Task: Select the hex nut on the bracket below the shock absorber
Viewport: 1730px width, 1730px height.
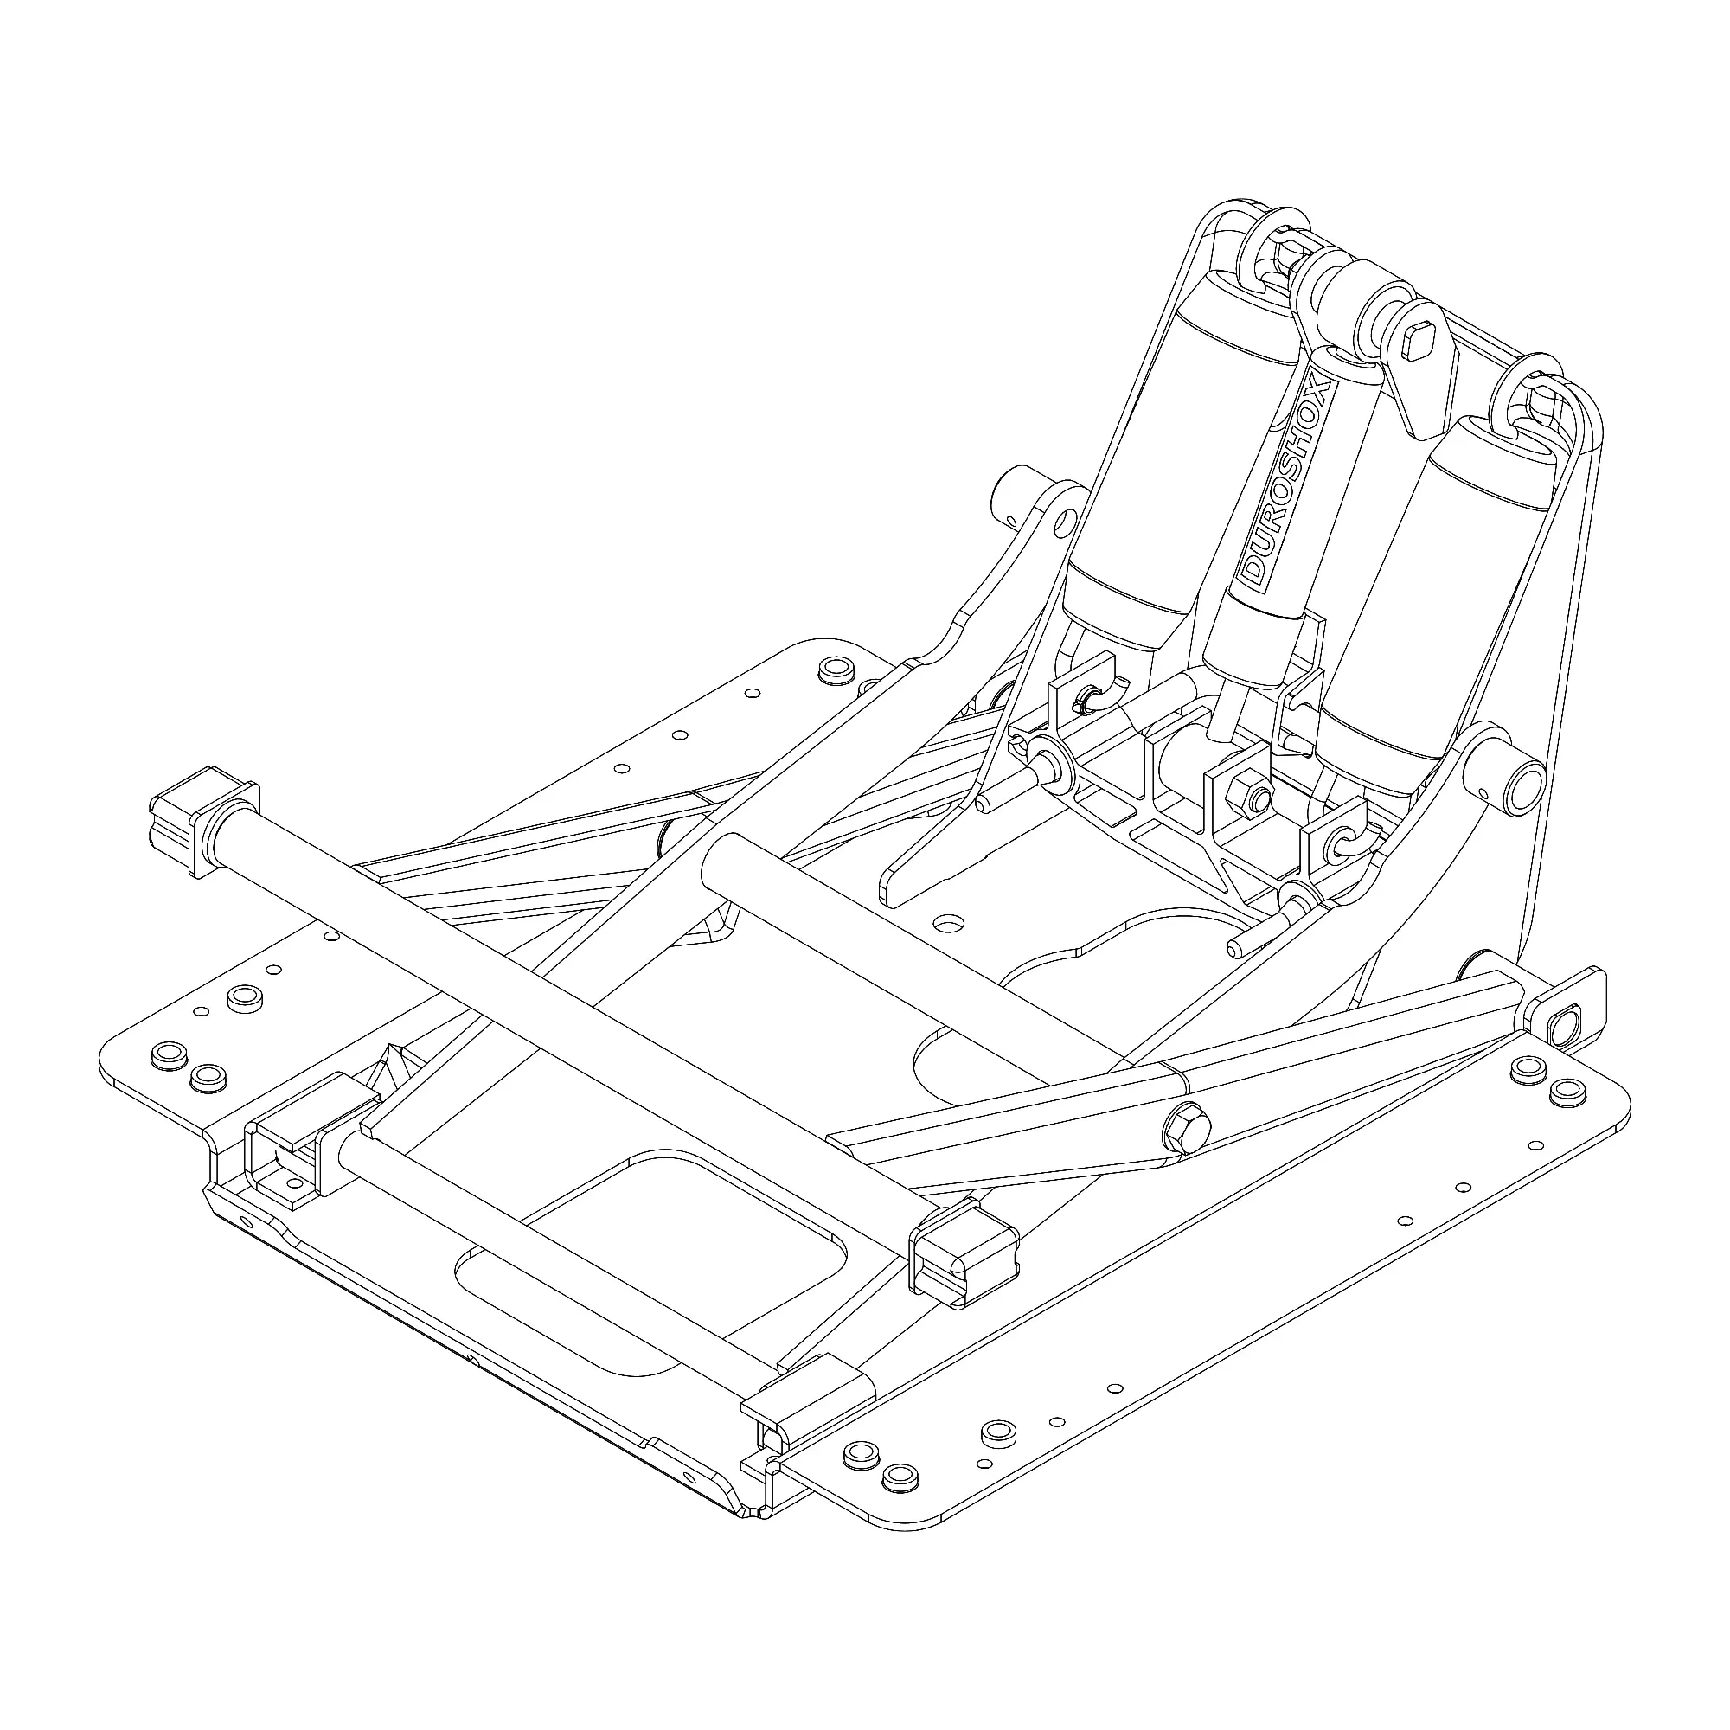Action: pos(1246,791)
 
